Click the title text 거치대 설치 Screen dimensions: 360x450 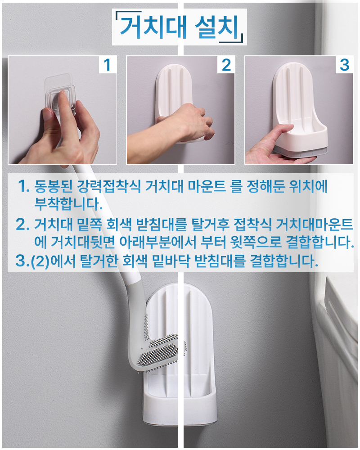click(180, 27)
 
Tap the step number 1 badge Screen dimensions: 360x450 click(108, 65)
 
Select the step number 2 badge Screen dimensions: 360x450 click(226, 65)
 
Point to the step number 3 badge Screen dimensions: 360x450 click(344, 65)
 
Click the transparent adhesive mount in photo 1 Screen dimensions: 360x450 click(60, 92)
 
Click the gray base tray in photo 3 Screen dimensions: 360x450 click(300, 152)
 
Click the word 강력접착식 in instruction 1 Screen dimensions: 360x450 click(109, 187)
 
